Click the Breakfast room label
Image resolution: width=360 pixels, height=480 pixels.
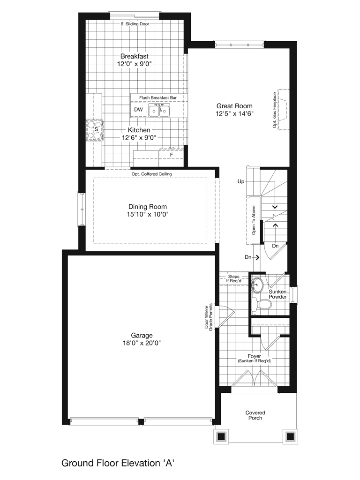coord(135,56)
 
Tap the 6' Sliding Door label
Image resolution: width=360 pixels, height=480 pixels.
coord(135,24)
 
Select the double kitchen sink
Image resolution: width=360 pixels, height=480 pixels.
coord(159,110)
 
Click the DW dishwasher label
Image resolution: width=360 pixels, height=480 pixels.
coord(138,110)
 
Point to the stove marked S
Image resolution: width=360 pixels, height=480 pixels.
coord(95,130)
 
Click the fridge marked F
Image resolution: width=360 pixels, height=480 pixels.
coord(172,155)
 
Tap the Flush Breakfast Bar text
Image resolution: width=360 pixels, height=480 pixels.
coord(158,97)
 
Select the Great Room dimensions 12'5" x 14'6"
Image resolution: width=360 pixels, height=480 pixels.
coord(234,114)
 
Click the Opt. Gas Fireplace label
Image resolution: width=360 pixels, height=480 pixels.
coord(275,110)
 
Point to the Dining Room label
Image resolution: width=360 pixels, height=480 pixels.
coord(148,207)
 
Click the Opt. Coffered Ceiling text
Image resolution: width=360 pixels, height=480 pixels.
coord(152,174)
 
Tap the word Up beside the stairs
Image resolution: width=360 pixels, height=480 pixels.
coord(241,181)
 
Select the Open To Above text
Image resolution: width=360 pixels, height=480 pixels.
coord(254,220)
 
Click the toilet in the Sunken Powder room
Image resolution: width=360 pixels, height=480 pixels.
coord(262,304)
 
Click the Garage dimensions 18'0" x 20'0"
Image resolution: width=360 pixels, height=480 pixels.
coord(142,343)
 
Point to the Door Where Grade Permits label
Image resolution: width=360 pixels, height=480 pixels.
coord(209,317)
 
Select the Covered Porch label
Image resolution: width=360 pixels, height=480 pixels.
coord(255,415)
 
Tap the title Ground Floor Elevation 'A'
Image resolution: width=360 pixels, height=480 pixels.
coord(118,463)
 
